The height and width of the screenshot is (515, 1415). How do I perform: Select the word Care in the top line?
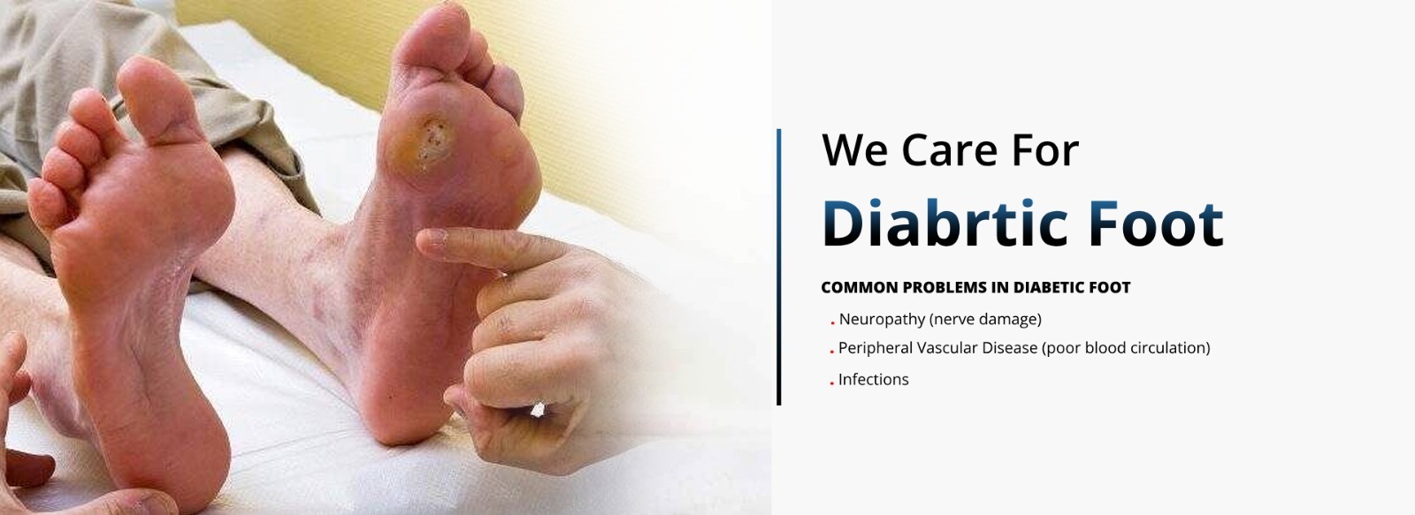pyautogui.click(x=950, y=151)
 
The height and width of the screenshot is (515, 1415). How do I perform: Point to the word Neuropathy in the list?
pyautogui.click(x=882, y=320)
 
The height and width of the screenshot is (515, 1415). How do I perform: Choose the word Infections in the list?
pyautogui.click(x=873, y=379)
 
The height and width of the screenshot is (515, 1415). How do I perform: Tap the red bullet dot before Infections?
pyautogui.click(x=832, y=383)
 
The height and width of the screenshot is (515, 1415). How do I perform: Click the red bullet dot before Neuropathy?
pyautogui.click(x=832, y=322)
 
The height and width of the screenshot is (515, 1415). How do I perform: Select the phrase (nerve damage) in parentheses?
pyautogui.click(x=985, y=320)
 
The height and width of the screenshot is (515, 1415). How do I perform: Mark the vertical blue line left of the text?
pyautogui.click(x=779, y=267)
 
